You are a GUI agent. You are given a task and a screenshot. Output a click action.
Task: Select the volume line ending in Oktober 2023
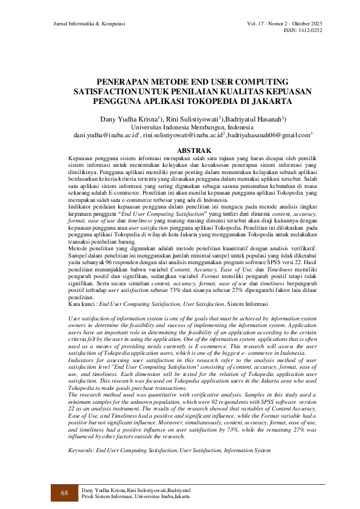(284, 23)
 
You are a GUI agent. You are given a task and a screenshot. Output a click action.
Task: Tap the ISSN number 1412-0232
(309, 30)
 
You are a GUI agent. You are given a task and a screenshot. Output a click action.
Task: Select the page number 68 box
(63, 493)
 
